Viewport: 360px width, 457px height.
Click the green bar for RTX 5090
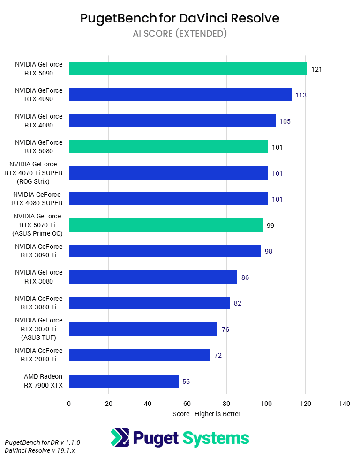(x=187, y=69)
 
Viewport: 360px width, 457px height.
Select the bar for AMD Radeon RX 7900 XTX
(x=124, y=381)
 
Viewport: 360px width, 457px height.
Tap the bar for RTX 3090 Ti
(x=165, y=251)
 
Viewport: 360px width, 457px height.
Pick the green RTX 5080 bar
(x=168, y=147)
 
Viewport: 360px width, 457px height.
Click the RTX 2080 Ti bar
(x=140, y=355)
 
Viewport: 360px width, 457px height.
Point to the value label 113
(x=300, y=95)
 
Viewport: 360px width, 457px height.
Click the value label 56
(x=186, y=382)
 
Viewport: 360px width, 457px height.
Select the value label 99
(x=270, y=225)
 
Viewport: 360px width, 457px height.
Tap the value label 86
(x=245, y=277)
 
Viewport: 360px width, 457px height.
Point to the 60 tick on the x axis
(x=187, y=403)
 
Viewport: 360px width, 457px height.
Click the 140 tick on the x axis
(x=345, y=403)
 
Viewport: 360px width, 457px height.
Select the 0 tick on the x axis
(x=69, y=403)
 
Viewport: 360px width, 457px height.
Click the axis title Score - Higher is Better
(x=206, y=413)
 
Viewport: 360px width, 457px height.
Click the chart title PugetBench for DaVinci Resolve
(x=180, y=18)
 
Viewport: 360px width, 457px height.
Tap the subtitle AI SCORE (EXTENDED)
(x=180, y=33)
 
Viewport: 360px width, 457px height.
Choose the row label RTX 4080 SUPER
(x=38, y=199)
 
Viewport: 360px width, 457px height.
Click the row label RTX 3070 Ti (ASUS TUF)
(x=38, y=329)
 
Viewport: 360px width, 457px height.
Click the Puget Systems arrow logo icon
(x=120, y=438)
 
